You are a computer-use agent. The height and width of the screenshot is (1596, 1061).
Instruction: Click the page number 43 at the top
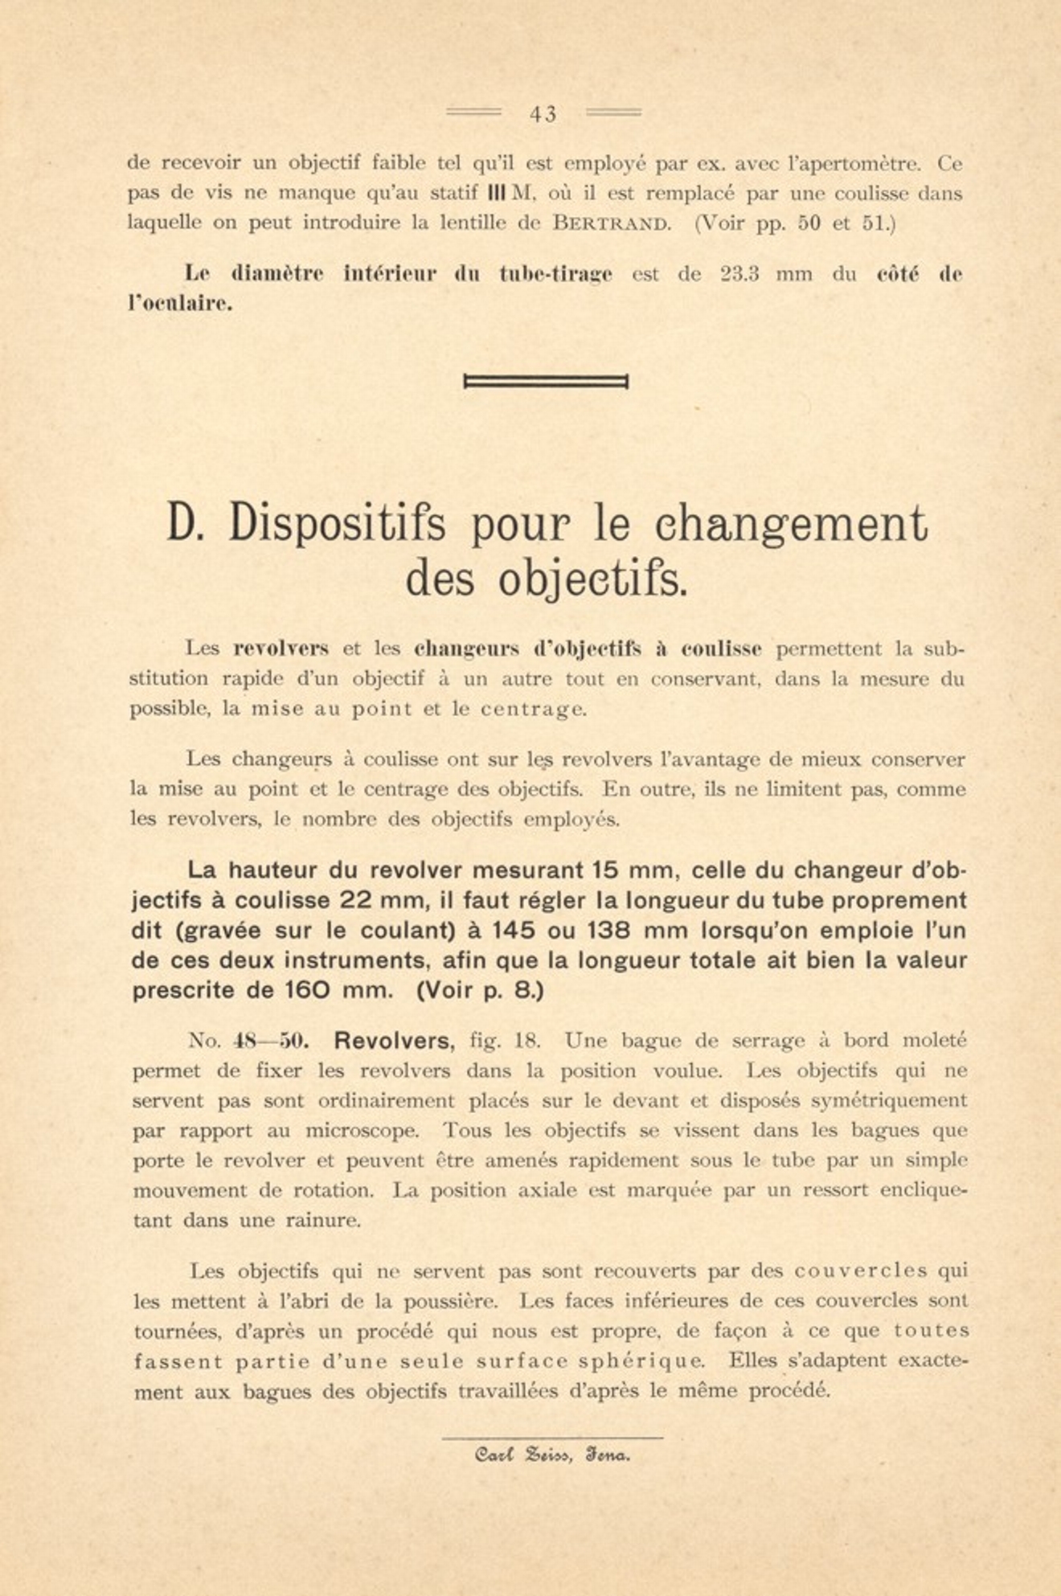click(543, 114)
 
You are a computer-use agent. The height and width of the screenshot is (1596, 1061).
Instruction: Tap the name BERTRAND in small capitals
click(612, 223)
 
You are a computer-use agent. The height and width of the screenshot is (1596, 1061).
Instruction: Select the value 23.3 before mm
click(739, 274)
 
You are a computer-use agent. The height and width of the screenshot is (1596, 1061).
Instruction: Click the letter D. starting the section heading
click(186, 523)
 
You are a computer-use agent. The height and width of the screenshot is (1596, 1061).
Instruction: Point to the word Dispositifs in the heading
click(337, 523)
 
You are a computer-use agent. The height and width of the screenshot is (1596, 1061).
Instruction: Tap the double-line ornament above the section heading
click(546, 382)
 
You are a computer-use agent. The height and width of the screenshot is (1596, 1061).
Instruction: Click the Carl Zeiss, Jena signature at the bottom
click(553, 1455)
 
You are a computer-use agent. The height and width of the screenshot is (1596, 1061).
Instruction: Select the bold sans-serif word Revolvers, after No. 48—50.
click(395, 1041)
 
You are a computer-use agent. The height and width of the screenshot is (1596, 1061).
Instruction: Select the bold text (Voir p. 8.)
click(480, 990)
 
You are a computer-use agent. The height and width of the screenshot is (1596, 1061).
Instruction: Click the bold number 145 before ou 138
click(513, 931)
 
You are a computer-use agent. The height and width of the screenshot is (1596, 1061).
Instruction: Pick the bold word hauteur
click(275, 870)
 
